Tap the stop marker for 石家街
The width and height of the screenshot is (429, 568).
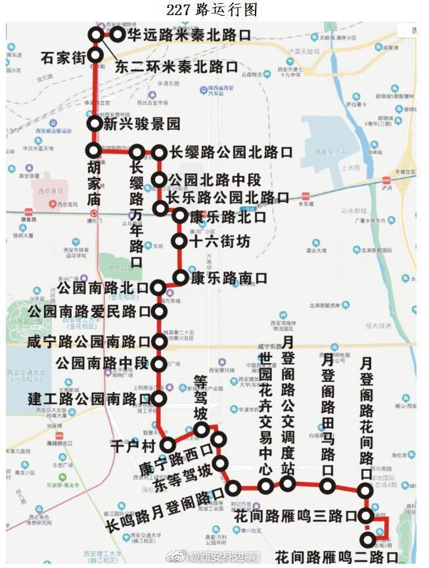pyautogui.click(x=97, y=55)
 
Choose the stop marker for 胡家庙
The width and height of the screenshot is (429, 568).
pyautogui.click(x=93, y=150)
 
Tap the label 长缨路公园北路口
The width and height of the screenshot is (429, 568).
pyautogui.click(x=231, y=152)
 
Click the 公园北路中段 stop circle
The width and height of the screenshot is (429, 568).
pyautogui.click(x=159, y=179)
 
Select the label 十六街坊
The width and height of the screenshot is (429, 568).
pyautogui.click(x=219, y=242)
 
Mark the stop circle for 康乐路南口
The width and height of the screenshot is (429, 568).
pyautogui.click(x=179, y=277)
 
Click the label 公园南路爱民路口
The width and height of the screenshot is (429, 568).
pyautogui.click(x=89, y=312)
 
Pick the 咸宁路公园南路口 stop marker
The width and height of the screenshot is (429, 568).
pyautogui.click(x=158, y=341)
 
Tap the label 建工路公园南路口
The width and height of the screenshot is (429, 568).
pyautogui.click(x=89, y=399)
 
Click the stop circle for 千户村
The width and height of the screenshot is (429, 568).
pyautogui.click(x=168, y=445)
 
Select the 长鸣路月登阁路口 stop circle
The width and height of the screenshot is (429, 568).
pyautogui.click(x=234, y=488)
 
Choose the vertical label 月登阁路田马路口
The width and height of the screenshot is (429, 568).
pyautogui.click(x=327, y=414)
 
